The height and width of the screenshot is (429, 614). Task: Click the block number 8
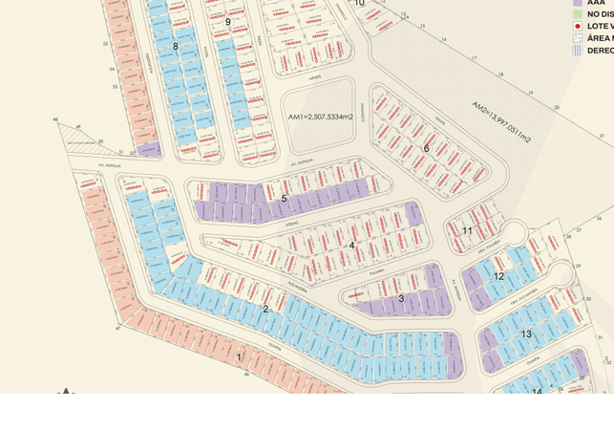175,46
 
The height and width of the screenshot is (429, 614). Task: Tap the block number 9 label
227,22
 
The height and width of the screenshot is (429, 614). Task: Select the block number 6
426,148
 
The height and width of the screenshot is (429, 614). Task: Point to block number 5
284,199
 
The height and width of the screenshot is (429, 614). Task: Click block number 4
351,246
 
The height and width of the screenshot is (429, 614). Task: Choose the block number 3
401,298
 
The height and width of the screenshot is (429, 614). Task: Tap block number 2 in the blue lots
265,309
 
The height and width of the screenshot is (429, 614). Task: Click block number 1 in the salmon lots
239,357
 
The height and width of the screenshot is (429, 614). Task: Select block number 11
467,230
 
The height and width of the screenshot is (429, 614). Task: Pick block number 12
498,276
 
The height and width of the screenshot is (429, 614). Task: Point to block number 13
526,334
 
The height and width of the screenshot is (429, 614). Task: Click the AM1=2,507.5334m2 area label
321,117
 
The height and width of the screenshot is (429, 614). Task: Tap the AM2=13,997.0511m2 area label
500,122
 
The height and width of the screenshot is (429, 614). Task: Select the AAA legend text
596,3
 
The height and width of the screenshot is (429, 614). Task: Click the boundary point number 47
118,328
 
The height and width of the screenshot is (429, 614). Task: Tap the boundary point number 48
55,120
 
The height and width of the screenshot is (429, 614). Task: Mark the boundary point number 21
602,136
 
